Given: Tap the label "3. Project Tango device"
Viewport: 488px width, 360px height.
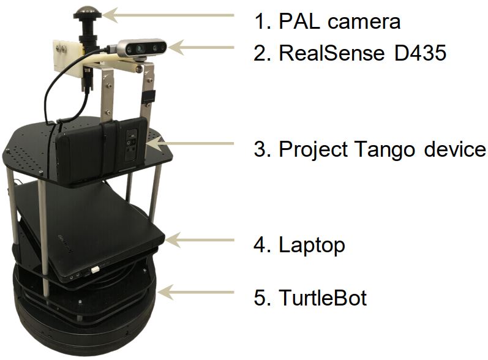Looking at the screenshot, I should coord(369,149).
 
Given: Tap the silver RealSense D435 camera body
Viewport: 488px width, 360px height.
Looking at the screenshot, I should coord(140,47).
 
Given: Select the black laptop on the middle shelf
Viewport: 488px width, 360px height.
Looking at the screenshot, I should coord(92,233).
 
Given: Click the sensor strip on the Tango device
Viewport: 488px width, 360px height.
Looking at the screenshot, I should coord(131,144).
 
